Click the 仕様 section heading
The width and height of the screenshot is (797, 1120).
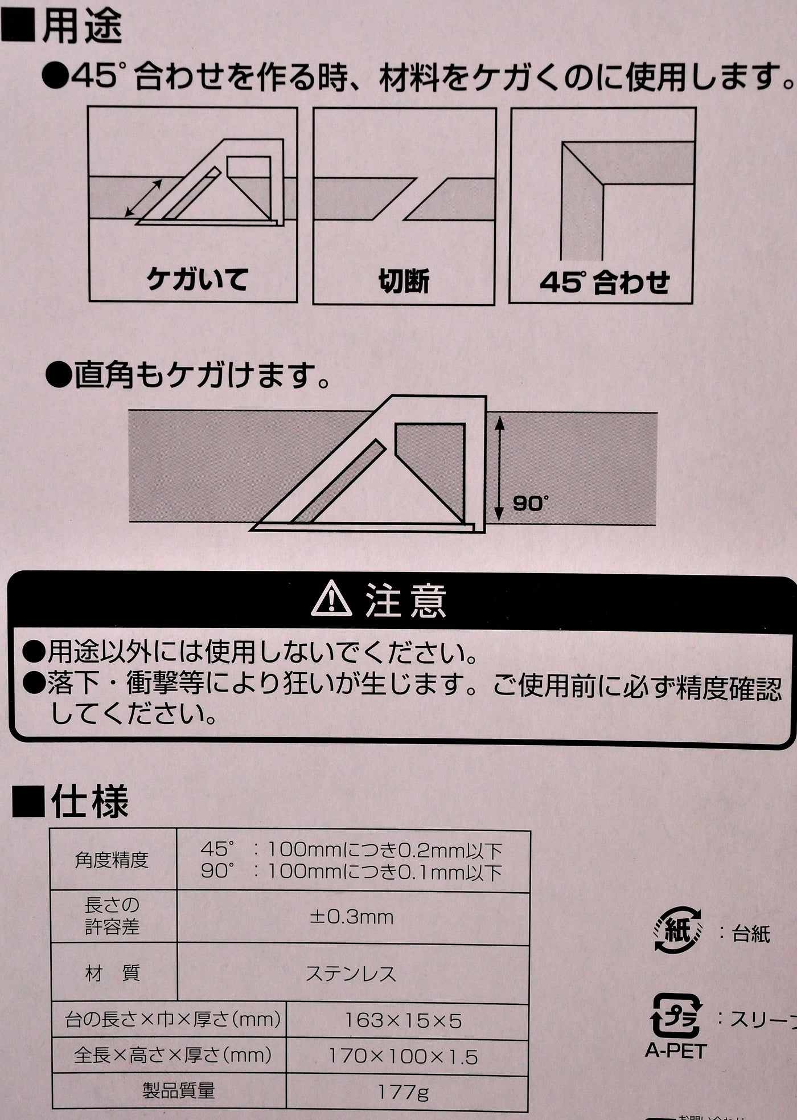click(x=89, y=802)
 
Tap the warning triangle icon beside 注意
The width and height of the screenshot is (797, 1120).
click(x=331, y=600)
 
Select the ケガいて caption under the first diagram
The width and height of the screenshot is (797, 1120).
click(x=197, y=280)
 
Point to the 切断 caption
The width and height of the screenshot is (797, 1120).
click(x=404, y=281)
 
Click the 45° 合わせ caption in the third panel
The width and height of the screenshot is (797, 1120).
click(x=604, y=282)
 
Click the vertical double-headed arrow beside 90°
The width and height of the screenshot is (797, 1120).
click(x=499, y=469)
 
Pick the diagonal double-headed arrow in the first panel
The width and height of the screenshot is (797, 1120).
click(x=143, y=198)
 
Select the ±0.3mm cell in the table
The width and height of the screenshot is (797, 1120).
click(x=351, y=917)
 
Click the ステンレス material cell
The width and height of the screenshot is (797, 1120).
click(x=351, y=974)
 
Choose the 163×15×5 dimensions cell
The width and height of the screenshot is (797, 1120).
click(x=403, y=1021)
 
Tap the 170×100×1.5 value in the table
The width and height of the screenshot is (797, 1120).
click(x=403, y=1057)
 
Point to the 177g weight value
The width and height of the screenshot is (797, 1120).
click(x=403, y=1092)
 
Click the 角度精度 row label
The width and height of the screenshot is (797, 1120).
click(x=112, y=860)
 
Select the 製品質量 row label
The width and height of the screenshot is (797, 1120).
click(x=178, y=1092)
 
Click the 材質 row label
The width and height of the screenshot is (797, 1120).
click(x=112, y=974)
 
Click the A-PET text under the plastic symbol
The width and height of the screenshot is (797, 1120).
click(x=676, y=1050)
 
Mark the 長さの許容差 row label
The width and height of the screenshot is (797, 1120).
click(x=112, y=916)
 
